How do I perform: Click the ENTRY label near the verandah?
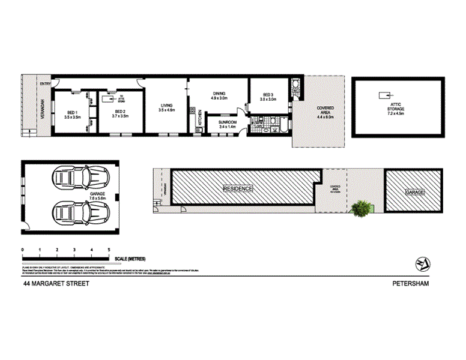click(x=45, y=84)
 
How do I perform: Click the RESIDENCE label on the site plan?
click(x=238, y=188)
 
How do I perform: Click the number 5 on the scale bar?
click(x=109, y=248)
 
